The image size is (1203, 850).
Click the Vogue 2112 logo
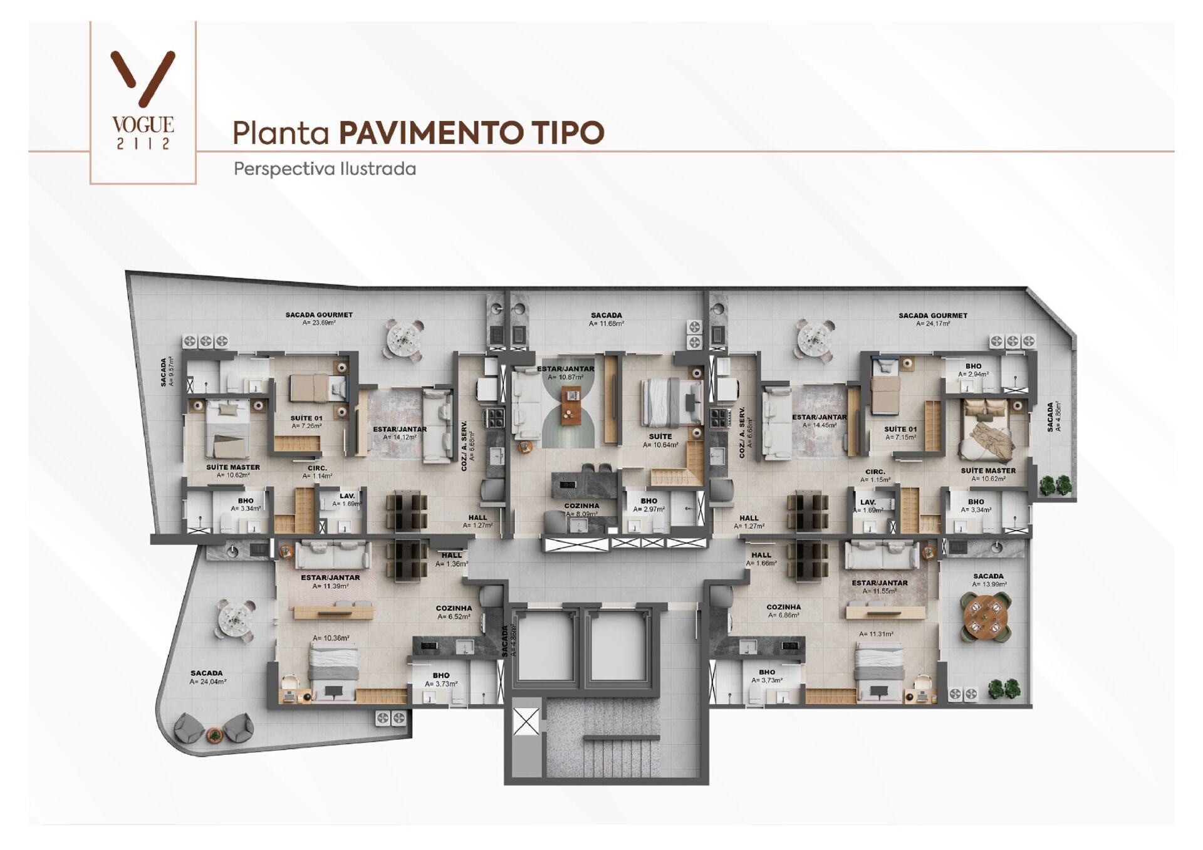(x=143, y=100)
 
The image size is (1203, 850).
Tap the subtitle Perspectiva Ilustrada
(x=325, y=169)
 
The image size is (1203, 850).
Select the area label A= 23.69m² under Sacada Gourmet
(x=319, y=323)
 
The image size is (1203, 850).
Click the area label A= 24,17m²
(x=933, y=324)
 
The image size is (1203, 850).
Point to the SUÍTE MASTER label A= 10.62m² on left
(x=233, y=471)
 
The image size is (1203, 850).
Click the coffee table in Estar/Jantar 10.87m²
(x=571, y=405)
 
